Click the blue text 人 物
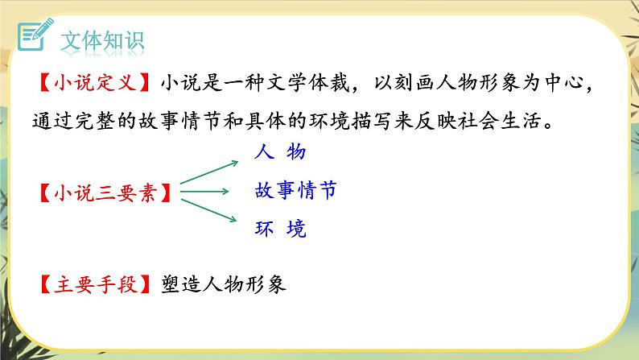point(279,151)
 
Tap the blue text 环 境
point(279,229)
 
